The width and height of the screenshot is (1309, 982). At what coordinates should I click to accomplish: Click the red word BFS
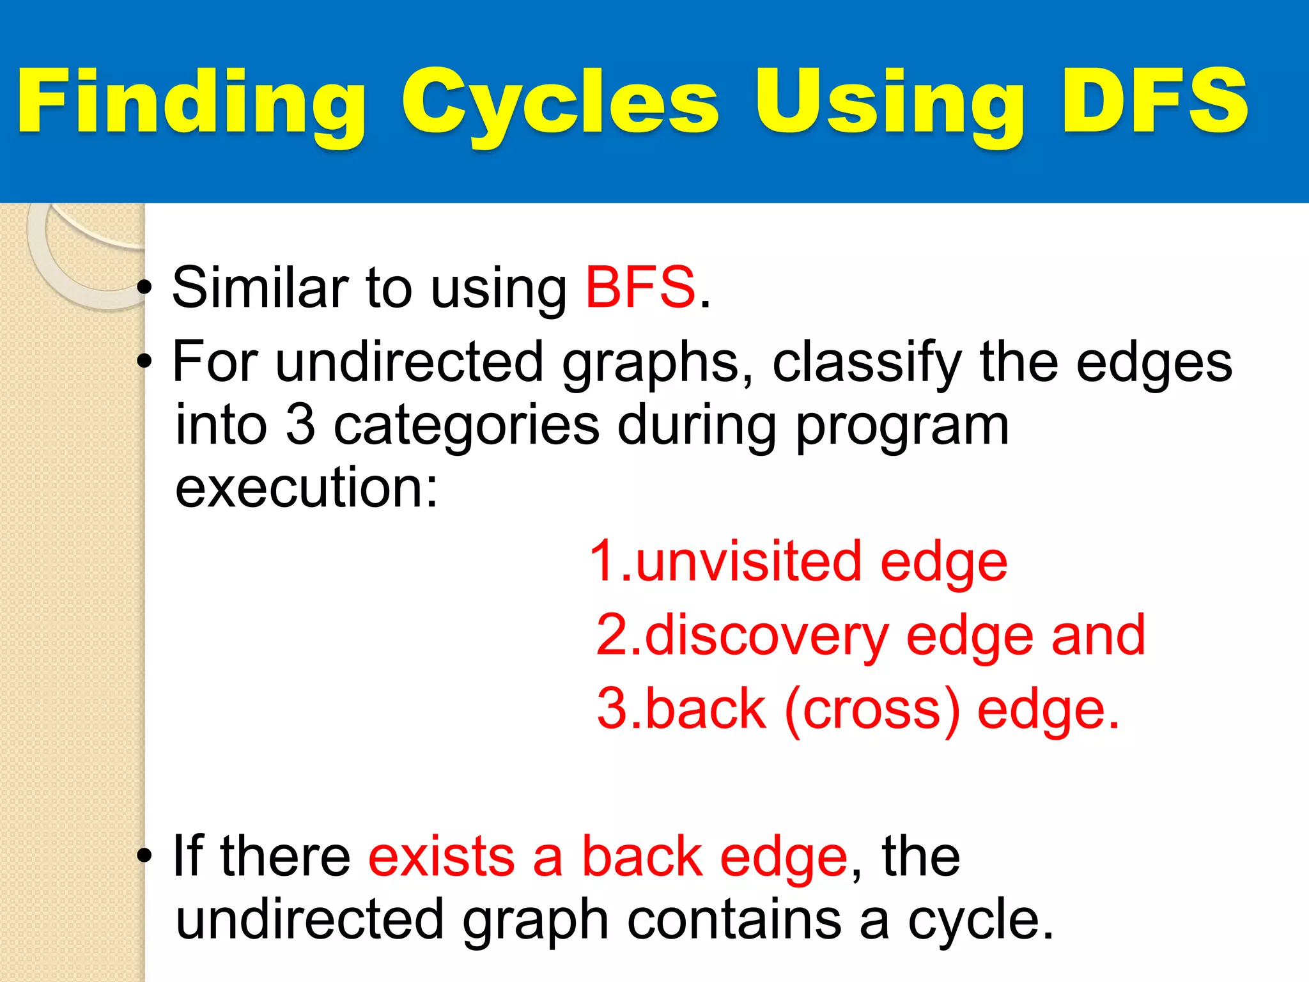(x=640, y=288)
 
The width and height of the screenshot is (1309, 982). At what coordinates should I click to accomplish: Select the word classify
(x=866, y=362)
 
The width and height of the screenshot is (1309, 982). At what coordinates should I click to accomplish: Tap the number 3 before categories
(x=300, y=425)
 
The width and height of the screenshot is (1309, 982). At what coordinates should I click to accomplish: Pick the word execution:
(x=307, y=488)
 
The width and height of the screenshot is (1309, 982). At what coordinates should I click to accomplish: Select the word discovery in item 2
(x=766, y=635)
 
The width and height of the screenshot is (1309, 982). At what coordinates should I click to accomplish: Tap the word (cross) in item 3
(x=872, y=710)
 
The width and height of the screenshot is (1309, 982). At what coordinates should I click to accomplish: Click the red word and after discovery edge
(x=1098, y=635)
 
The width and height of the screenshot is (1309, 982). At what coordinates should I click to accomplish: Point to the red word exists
(x=441, y=857)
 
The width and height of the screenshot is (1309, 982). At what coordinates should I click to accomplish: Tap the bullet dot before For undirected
(x=145, y=362)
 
